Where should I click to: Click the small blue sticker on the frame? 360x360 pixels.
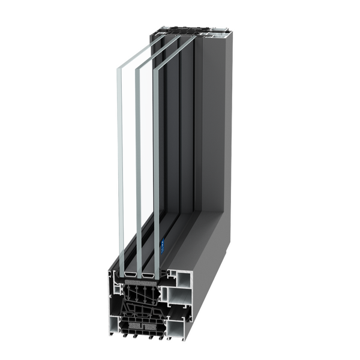click(161, 244)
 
